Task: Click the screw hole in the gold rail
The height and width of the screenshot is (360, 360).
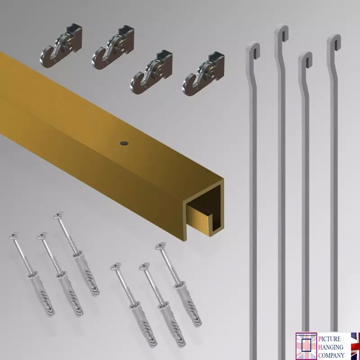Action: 124,144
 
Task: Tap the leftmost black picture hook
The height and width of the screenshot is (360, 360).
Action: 61,46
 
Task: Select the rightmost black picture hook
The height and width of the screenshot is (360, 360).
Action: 204,74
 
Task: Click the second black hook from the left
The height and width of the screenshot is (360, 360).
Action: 113,48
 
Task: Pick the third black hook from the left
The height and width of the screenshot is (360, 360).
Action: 152,72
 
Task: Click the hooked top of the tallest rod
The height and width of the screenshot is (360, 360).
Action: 281,33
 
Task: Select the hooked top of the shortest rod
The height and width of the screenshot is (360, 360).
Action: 306,61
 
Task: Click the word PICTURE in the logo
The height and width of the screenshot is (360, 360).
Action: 329,339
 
